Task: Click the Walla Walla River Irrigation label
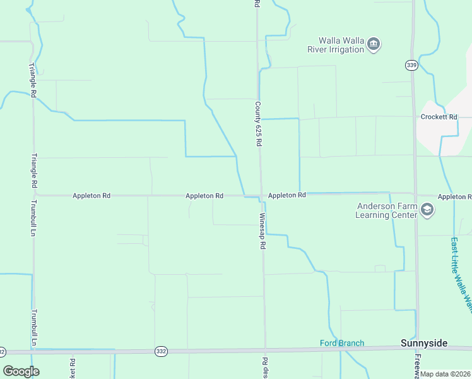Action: [x=336, y=44]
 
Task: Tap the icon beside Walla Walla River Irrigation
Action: [x=374, y=44]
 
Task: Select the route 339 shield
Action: [x=411, y=65]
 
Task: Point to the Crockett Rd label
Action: [x=439, y=117]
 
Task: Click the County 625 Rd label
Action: [x=258, y=124]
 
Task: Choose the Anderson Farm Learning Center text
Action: [x=387, y=210]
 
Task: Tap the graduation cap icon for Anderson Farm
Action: [x=427, y=210]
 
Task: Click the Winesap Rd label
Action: [x=262, y=231]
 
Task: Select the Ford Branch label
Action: [x=342, y=344]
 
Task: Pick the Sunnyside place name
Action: [x=424, y=344]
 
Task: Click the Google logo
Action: [x=21, y=371]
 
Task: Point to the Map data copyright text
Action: [x=445, y=374]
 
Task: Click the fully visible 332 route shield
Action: [x=161, y=350]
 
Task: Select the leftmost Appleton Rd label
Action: [x=91, y=196]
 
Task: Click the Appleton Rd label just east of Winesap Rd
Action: [x=286, y=195]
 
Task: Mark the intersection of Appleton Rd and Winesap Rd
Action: [x=261, y=195]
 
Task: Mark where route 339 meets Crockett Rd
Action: [x=414, y=117]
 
